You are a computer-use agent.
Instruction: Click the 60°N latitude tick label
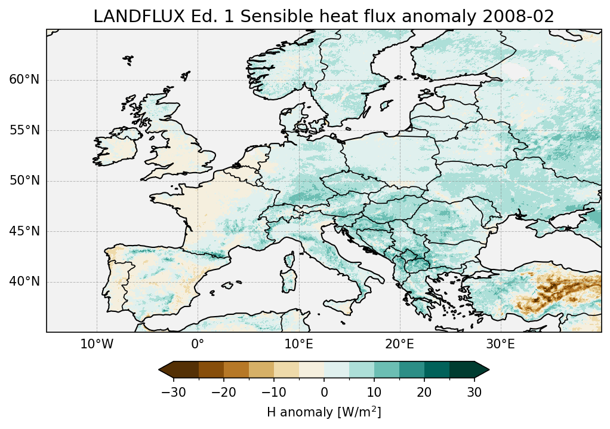(24, 80)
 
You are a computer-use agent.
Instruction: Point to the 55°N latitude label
(24, 130)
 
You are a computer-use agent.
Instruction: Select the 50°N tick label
(24, 181)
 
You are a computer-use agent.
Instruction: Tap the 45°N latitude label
(24, 231)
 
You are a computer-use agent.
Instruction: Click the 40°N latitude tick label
(24, 281)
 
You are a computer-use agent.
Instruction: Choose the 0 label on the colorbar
(324, 393)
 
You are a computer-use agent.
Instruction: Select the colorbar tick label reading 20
(424, 393)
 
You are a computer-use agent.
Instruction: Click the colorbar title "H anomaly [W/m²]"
(324, 412)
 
